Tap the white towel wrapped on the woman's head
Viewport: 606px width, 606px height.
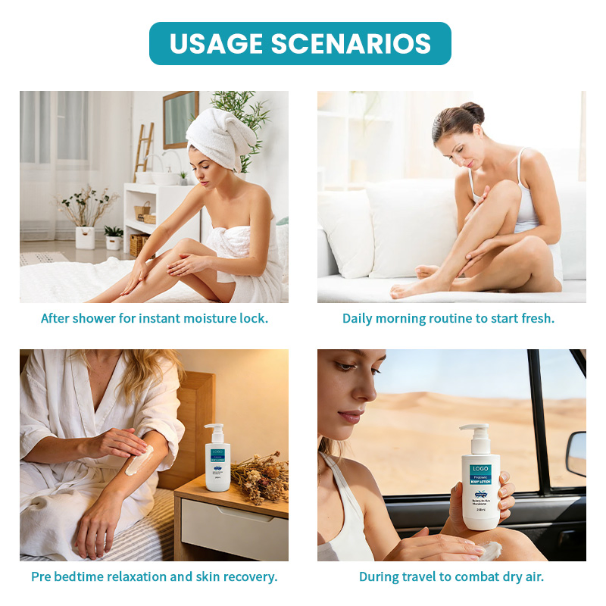[219, 136]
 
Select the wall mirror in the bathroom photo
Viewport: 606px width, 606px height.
[180, 119]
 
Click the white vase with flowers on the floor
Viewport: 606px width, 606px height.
[86, 237]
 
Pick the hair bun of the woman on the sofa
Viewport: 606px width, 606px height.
[473, 113]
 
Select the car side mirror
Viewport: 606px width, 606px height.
[576, 454]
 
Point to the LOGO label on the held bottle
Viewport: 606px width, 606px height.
[480, 470]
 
